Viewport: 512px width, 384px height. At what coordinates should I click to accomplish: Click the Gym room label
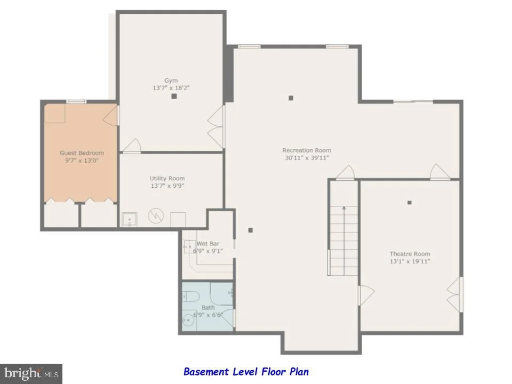[x=171, y=81]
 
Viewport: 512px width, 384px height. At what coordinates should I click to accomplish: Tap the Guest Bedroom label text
[x=82, y=153]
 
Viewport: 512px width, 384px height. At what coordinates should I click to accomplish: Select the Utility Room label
[x=167, y=178]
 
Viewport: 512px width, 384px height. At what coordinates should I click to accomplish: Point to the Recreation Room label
[x=307, y=150]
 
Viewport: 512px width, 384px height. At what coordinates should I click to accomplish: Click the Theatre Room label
[x=410, y=254]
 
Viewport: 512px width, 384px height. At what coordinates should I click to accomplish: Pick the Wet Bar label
[x=208, y=244]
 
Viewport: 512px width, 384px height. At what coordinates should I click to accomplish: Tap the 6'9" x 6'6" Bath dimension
[x=208, y=315]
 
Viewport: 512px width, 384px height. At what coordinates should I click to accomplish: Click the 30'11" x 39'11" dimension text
[x=307, y=158]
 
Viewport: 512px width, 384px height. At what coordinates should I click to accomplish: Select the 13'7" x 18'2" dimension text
[x=171, y=88]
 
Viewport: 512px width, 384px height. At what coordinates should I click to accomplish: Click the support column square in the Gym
[x=174, y=96]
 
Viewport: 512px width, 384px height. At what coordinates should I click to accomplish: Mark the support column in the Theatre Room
[x=410, y=203]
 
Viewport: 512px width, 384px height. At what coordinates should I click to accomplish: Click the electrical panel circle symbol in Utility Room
[x=156, y=215]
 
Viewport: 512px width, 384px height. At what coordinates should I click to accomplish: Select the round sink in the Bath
[x=188, y=321]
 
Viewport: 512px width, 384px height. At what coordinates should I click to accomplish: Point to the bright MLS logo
[x=31, y=373]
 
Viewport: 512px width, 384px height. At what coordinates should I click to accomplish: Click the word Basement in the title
[x=206, y=372]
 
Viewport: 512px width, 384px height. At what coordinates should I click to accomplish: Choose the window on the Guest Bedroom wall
[x=76, y=101]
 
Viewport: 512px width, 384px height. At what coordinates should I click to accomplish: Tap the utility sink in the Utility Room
[x=129, y=219]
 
